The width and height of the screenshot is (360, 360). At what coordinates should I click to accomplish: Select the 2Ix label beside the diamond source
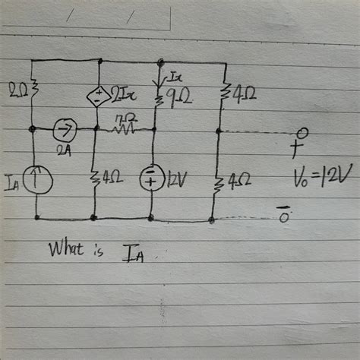pyautogui.click(x=122, y=94)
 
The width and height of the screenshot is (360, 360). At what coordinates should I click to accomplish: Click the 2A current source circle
pyautogui.click(x=64, y=128)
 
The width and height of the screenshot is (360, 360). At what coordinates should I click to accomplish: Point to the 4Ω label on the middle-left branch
pyautogui.click(x=112, y=181)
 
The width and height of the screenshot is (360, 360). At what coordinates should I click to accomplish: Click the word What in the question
pyautogui.click(x=65, y=248)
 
